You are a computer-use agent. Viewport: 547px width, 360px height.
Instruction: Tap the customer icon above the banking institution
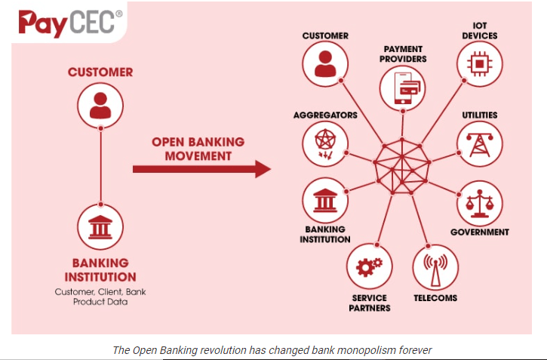[x=100, y=104]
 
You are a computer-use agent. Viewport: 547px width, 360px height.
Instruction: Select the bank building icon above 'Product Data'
[x=100, y=226]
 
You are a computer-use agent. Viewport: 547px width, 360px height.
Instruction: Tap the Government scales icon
[x=478, y=203]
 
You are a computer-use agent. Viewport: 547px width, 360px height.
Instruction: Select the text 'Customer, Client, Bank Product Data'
[x=100, y=297]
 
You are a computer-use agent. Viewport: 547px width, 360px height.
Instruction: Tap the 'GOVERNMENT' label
[x=479, y=232]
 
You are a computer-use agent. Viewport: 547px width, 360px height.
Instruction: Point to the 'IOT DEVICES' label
[x=480, y=30]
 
